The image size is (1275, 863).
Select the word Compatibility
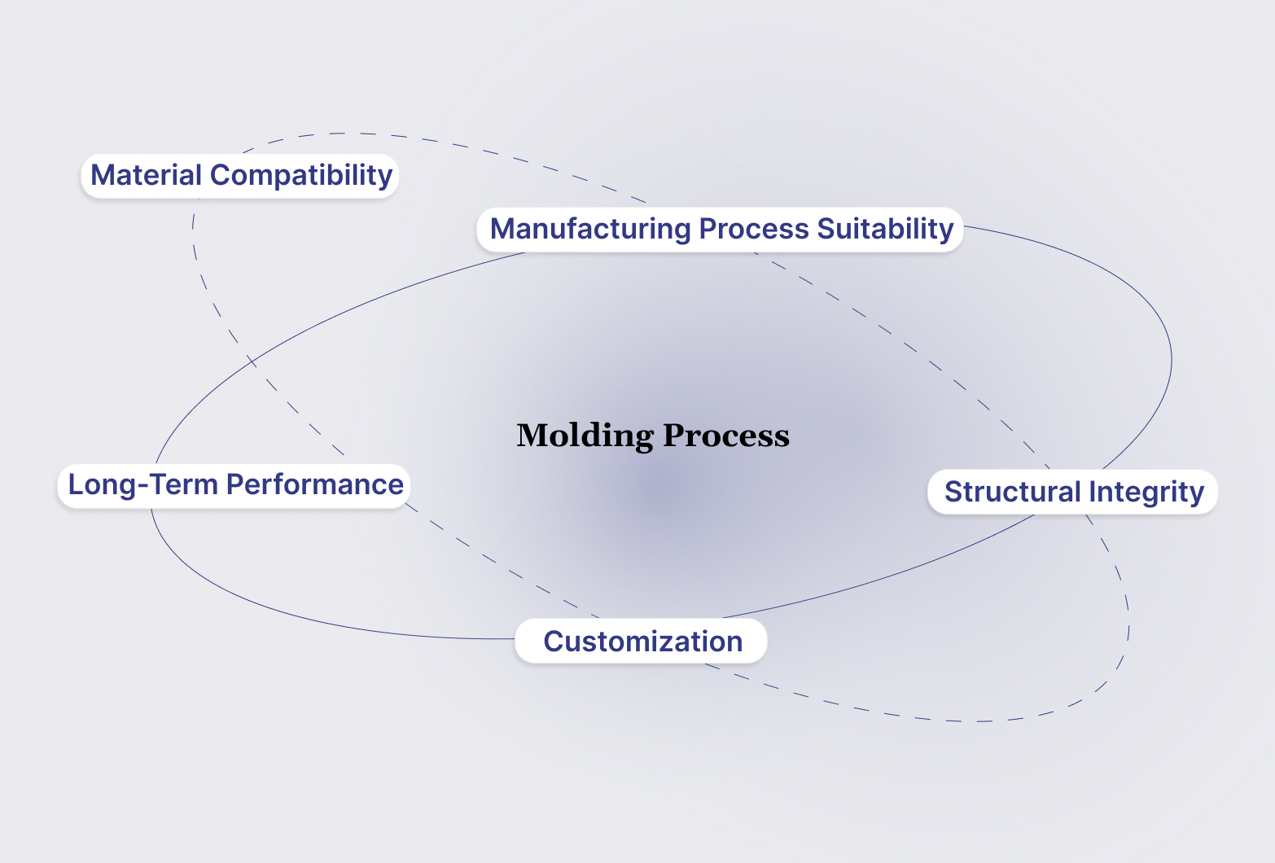(301, 176)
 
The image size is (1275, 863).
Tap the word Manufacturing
(590, 229)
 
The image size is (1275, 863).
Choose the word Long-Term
(142, 484)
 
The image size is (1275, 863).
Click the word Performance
(314, 484)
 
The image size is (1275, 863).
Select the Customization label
(642, 642)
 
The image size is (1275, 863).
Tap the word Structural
(1012, 492)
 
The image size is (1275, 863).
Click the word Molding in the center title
(585, 436)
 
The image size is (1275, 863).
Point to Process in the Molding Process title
(726, 436)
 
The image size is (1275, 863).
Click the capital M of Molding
(532, 436)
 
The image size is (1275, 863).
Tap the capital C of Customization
(554, 642)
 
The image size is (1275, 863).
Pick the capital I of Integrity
(1093, 492)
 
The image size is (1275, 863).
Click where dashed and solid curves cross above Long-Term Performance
(252, 360)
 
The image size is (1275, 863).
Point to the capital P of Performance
(234, 484)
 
